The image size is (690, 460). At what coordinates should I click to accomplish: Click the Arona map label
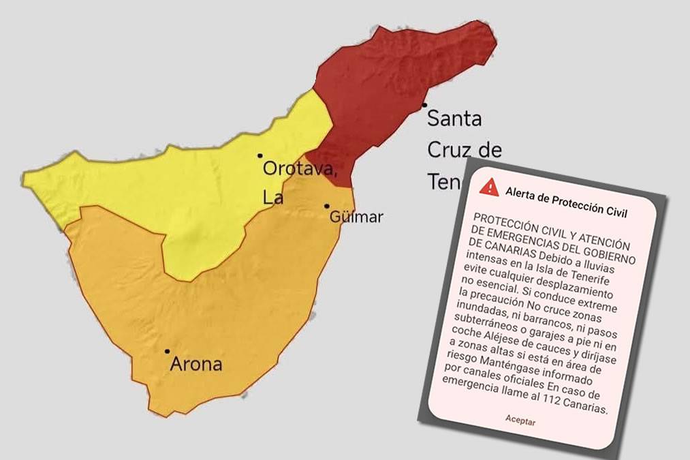tap(195, 364)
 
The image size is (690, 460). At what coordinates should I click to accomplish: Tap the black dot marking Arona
tap(168, 352)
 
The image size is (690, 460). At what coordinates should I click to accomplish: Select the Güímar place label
tap(356, 217)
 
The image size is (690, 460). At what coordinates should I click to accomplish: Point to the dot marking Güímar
tap(327, 206)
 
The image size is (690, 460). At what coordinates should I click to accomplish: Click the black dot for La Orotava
tap(260, 155)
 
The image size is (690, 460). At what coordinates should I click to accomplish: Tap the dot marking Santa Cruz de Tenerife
tap(424, 105)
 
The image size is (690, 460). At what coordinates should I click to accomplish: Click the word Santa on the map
tap(454, 119)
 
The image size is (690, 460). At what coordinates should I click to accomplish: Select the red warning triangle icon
tap(489, 186)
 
